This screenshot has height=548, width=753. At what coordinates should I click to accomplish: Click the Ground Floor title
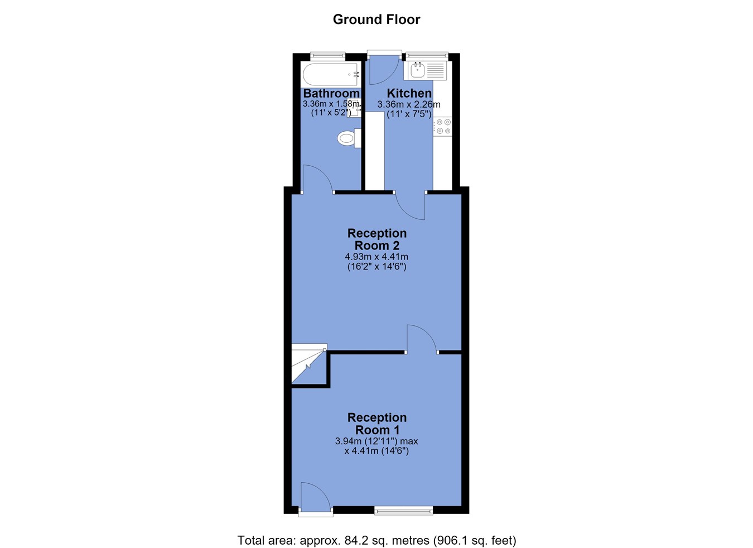[x=376, y=20]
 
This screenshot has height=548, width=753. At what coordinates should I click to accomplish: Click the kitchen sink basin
[x=418, y=70]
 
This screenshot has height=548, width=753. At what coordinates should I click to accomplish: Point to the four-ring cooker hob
[x=443, y=126]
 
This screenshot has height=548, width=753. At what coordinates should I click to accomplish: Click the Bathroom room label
[x=331, y=93]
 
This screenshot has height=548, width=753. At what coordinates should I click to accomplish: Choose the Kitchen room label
[x=409, y=93]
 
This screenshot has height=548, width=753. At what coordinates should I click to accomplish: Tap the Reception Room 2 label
[x=377, y=239]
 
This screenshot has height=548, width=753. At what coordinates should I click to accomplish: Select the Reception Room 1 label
[x=377, y=424]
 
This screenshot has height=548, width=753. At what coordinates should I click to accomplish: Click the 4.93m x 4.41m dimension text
[x=376, y=257]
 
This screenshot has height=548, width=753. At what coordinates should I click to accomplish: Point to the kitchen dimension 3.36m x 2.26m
[x=409, y=104]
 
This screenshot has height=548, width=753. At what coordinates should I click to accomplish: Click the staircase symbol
[x=309, y=363]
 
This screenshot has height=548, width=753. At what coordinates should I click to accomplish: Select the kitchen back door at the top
[x=384, y=70]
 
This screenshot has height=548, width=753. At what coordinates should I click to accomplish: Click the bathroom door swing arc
[x=318, y=178]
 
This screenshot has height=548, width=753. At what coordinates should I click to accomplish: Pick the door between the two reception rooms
[x=422, y=338]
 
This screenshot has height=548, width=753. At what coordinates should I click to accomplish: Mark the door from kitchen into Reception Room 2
[x=410, y=206]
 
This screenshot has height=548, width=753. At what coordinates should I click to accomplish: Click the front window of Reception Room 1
[x=404, y=511]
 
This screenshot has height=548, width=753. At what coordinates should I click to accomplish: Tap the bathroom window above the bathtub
[x=327, y=55]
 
